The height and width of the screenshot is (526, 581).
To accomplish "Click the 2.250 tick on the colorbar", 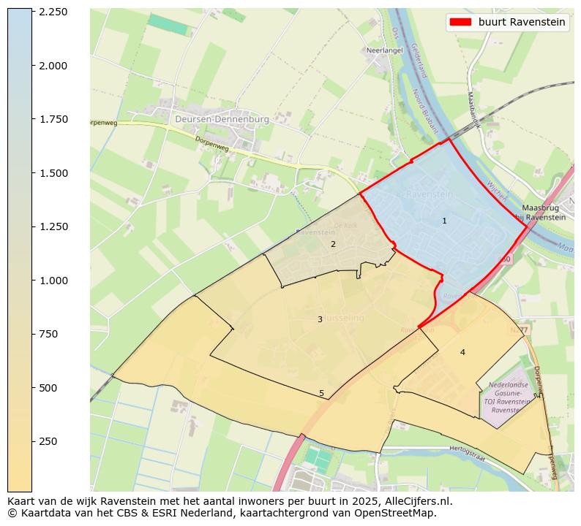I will pos(32,12).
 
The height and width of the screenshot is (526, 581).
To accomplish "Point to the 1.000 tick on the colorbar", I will pos(32,281).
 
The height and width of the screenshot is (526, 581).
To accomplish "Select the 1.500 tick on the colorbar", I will pos(32,173).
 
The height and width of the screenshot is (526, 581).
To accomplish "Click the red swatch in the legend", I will pos(460,22).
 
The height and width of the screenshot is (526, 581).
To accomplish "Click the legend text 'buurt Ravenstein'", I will pos(522,22).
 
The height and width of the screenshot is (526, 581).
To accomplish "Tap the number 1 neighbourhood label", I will pos(444,221).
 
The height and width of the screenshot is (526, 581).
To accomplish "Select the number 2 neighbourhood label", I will pos(333,244).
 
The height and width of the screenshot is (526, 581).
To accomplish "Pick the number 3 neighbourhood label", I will pos(320,319).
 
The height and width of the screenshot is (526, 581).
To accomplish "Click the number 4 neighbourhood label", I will pos(462,352).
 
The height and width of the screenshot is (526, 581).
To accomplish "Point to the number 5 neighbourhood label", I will pos(321,393).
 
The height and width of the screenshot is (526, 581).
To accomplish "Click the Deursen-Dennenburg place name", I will pos(222,118).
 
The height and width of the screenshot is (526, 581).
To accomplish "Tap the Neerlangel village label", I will pos(383,51).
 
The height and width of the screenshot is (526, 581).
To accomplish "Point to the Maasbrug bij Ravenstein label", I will pos(541,213).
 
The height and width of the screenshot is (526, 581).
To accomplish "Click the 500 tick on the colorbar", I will pos(32,388).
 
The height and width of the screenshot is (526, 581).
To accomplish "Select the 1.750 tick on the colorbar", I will pos(32,119).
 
